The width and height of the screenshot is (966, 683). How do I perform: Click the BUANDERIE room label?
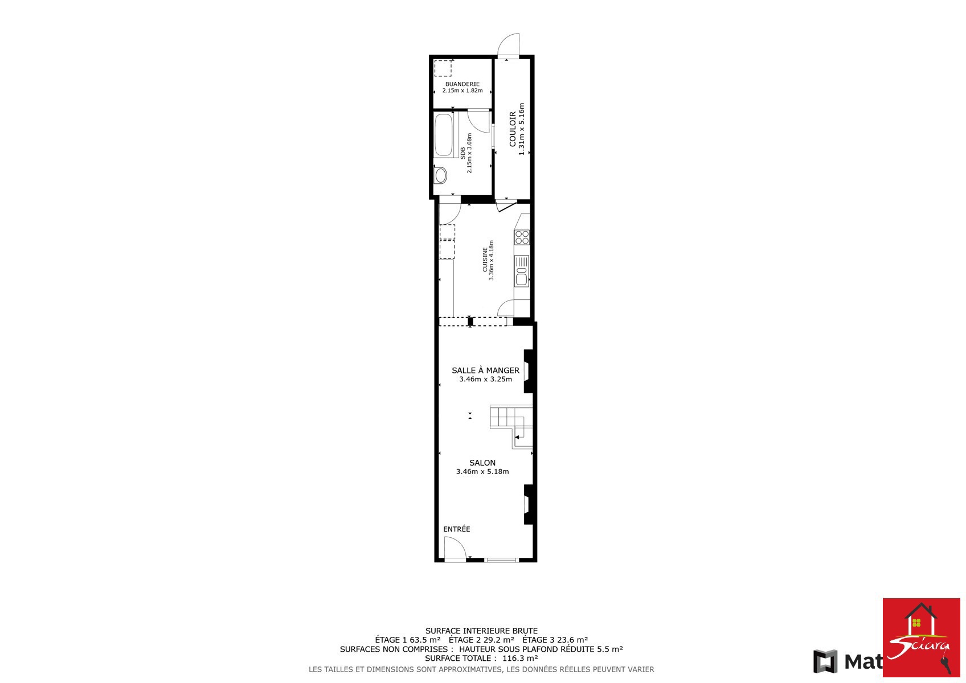(462, 84)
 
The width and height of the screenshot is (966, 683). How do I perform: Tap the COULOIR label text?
(513, 129)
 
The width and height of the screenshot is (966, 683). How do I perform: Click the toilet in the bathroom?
(440, 175)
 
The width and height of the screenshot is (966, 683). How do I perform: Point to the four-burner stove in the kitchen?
(522, 237)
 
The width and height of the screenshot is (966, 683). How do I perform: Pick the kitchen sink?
(522, 271)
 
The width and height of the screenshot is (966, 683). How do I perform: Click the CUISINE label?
(485, 260)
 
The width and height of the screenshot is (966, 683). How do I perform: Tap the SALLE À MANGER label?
(486, 370)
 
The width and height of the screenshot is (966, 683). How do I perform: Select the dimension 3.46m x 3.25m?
(486, 379)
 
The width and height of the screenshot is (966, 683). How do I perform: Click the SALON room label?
(482, 463)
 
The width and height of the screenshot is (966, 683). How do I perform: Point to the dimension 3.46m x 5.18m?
(482, 471)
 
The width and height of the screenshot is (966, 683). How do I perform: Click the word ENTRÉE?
(457, 529)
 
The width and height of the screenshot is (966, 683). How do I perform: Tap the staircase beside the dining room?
(511, 426)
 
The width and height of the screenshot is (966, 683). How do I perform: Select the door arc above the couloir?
(504, 39)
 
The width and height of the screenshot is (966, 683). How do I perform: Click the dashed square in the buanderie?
(443, 68)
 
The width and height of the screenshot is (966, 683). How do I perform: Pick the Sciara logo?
(921, 637)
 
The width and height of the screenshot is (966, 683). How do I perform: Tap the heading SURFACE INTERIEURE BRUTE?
(482, 631)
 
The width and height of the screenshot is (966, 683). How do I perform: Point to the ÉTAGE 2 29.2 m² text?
(482, 640)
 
